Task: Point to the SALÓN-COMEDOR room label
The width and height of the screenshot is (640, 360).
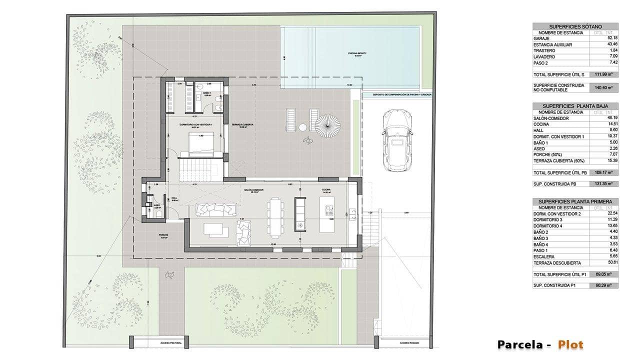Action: tap(254, 190)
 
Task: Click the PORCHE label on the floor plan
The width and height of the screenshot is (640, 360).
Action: tap(163, 235)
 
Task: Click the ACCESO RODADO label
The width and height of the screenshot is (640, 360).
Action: tap(408, 343)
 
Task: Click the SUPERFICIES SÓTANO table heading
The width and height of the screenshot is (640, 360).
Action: tap(575, 26)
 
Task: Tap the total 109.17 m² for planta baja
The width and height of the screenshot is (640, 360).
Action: tap(604, 172)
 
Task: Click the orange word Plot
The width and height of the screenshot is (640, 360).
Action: tap(570, 344)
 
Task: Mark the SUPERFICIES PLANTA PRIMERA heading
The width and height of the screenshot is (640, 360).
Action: tap(575, 201)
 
